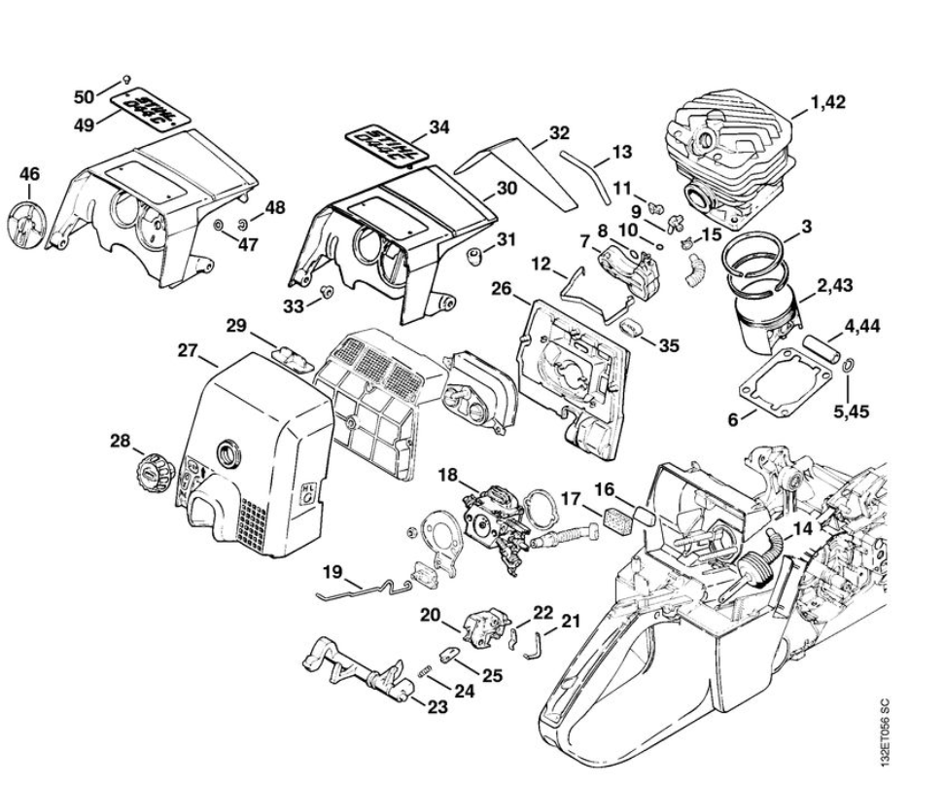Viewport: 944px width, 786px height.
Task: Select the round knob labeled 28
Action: point(154,477)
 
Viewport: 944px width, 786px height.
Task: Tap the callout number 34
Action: point(439,126)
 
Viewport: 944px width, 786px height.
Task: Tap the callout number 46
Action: point(30,174)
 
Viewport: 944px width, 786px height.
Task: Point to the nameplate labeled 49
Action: point(148,107)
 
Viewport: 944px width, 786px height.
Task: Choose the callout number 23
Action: point(437,707)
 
